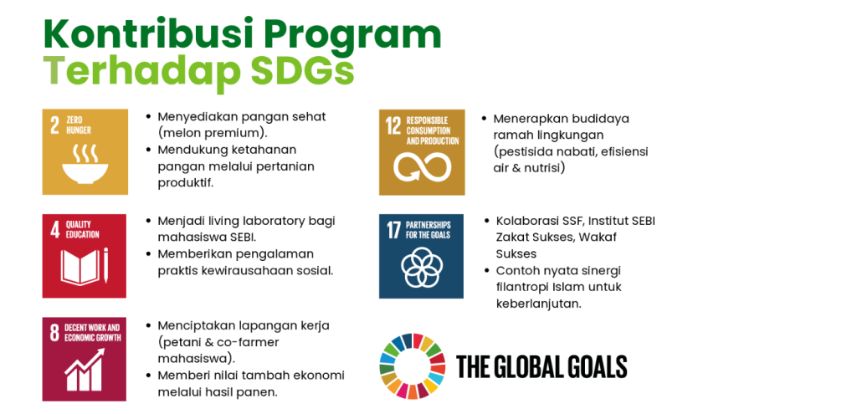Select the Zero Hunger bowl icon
pos(85,163)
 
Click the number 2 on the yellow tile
pos(54,125)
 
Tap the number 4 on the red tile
pos(54,229)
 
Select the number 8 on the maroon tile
pos(54,333)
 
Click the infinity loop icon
pos(422,166)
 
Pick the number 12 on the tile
pos(393,125)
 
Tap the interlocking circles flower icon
pos(421,268)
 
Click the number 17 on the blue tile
pos(393,230)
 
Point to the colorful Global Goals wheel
pos(413,366)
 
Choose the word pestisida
pos(521,152)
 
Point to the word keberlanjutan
pos(538,304)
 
